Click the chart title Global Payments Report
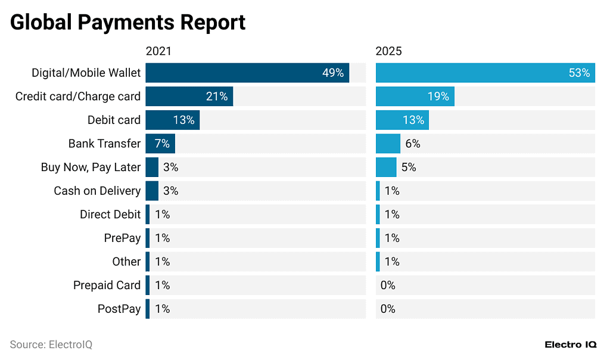click(127, 23)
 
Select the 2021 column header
click(158, 51)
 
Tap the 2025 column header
click(388, 51)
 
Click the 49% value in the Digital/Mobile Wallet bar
click(333, 73)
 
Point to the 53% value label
click(579, 73)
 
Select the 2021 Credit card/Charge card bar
click(189, 96)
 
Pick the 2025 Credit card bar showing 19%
click(415, 96)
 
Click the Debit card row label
click(114, 120)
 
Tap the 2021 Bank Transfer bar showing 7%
click(160, 144)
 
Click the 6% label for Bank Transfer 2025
click(413, 144)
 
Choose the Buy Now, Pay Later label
click(91, 167)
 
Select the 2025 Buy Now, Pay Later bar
click(386, 167)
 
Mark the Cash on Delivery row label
click(97, 191)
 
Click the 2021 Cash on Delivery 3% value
click(170, 191)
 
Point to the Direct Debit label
click(110, 215)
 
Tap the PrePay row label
click(122, 238)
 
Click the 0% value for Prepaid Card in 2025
click(388, 285)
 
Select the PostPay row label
click(119, 309)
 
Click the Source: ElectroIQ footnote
click(51, 345)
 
